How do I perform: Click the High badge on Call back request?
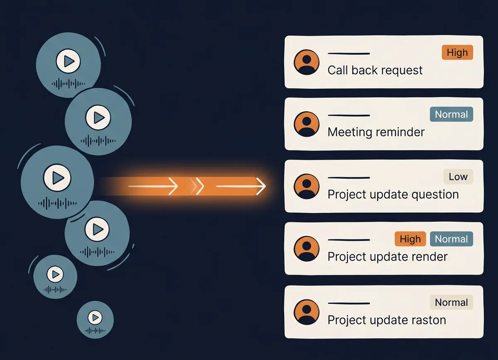coord(457,52)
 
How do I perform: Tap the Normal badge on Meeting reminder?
coord(452,114)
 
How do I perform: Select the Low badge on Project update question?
coord(458,176)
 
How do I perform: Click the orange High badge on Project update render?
coord(410,239)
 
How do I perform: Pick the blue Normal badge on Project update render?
coord(452,239)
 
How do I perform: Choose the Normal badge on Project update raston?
coord(452,302)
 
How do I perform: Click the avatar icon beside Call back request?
coord(307,62)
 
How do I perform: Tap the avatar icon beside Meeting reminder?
coord(307,124)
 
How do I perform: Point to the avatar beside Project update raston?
coord(307,312)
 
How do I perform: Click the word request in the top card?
coord(402,71)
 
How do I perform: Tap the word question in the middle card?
coord(435,195)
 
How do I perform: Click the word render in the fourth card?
coord(429,257)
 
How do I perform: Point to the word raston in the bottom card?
coord(429,320)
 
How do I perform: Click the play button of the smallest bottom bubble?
coord(95,318)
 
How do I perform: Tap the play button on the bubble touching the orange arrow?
coord(57,178)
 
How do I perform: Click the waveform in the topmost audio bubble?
coord(68,84)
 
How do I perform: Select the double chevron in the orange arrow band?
coord(197,186)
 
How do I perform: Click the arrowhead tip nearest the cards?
coord(266,186)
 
